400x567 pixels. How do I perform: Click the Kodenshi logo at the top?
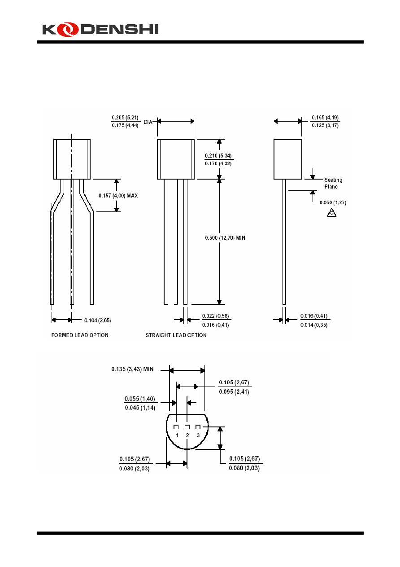point(100,29)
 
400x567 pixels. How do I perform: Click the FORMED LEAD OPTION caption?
point(80,335)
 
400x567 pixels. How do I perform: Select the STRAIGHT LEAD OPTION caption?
point(176,335)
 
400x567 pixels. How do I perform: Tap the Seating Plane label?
point(333,183)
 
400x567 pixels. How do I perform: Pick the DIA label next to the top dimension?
point(148,122)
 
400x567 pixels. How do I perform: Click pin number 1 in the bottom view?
point(177,435)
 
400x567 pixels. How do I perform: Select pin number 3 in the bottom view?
point(198,435)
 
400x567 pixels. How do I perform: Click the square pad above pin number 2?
point(187,427)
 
